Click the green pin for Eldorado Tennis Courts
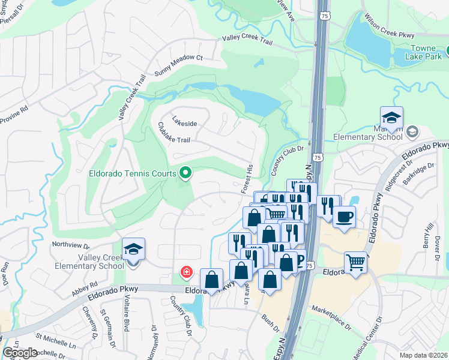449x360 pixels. coord(185,173)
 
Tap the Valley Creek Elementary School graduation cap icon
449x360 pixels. coord(133,249)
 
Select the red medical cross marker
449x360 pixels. coord(187,273)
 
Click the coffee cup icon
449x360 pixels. coord(344,217)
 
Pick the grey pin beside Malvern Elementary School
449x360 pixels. coord(412,131)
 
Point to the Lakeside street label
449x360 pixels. coord(184,123)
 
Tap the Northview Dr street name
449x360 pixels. coord(70,245)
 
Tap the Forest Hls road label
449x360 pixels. coord(247,178)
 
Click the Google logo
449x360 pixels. coord(20,353)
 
